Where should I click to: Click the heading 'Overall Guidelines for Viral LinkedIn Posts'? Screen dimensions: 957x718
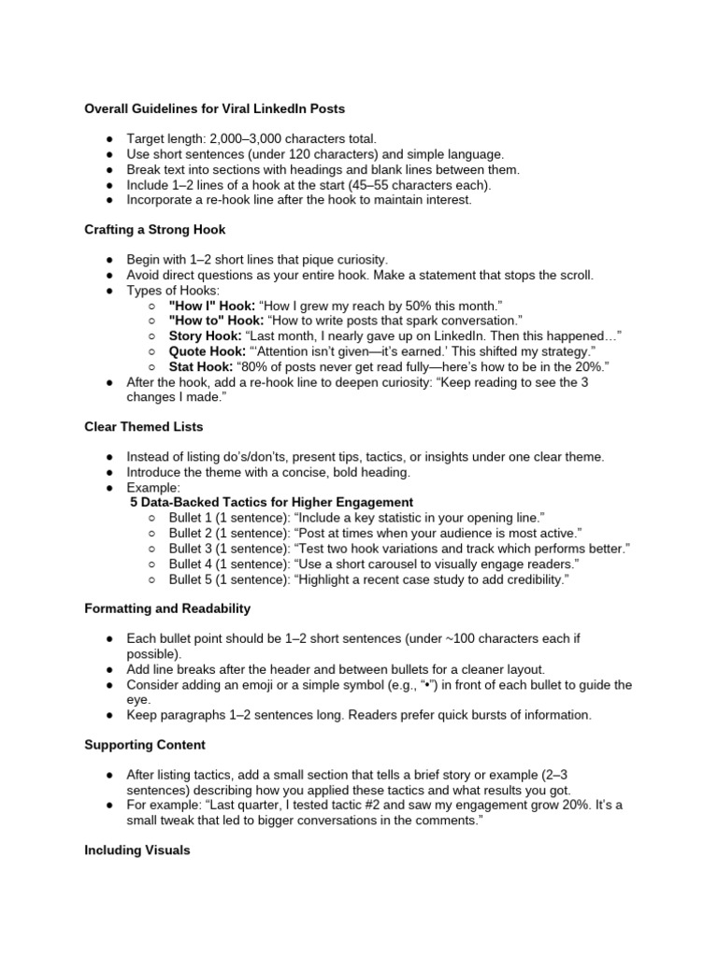[x=214, y=109]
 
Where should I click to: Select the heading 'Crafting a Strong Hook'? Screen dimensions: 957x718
[x=154, y=229]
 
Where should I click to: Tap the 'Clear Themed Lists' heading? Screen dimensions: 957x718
[x=143, y=426]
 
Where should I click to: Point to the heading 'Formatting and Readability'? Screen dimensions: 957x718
[x=167, y=608]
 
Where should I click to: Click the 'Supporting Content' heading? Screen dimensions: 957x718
[x=145, y=745]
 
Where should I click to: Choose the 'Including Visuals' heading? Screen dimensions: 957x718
[x=136, y=850]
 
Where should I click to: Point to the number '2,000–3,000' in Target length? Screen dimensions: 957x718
[x=248, y=139]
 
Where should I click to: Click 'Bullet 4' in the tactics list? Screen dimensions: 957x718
[x=191, y=564]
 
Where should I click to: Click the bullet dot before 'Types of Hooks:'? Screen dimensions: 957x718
[x=109, y=290]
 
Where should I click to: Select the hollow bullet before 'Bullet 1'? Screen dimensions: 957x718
[x=152, y=518]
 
